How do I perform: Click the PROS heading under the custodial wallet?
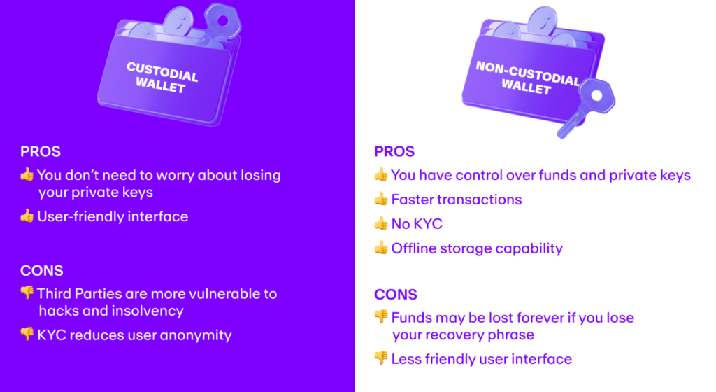click(40, 151)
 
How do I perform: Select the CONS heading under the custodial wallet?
click(41, 271)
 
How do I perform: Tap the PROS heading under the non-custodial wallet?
click(394, 152)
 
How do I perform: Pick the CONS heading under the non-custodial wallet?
click(396, 295)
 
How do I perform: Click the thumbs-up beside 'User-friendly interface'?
click(27, 216)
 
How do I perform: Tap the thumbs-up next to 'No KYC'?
click(381, 224)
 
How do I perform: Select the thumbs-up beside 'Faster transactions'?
click(381, 199)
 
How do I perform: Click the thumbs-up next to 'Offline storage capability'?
click(381, 248)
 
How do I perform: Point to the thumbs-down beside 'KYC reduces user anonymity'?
click(27, 335)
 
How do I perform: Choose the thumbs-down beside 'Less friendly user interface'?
click(381, 358)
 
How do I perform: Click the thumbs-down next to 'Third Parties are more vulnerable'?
click(27, 293)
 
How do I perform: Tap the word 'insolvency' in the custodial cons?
click(148, 311)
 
